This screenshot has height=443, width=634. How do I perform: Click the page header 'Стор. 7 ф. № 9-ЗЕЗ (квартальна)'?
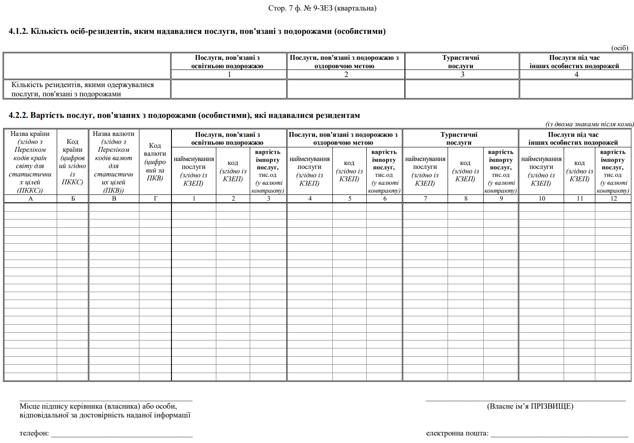322,8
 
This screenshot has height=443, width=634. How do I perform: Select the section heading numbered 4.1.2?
197,32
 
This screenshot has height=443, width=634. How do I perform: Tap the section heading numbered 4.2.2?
184,116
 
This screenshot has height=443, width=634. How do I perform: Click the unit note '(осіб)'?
619,48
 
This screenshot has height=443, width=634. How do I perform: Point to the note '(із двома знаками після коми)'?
589,124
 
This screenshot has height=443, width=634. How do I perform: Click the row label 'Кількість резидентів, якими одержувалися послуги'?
83,89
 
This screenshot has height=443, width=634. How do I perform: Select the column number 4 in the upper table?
576,74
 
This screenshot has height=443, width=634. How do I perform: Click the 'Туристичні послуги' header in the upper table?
461,62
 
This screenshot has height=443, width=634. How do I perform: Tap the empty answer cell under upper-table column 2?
346,89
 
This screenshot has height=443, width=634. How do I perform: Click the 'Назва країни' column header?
30,162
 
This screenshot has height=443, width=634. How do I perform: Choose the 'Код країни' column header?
73,162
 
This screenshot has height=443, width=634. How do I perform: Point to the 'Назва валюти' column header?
114,162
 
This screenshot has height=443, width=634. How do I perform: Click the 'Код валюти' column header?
155,162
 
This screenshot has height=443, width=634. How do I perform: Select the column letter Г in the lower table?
155,199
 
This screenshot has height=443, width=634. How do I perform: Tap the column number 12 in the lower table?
613,199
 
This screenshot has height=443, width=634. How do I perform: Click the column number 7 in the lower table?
425,199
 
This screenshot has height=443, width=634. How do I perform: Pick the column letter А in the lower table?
30,199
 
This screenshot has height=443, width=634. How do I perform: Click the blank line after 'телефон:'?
122,434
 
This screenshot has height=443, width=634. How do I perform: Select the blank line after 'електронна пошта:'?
559,434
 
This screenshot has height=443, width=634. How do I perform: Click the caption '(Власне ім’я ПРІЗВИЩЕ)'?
530,406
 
